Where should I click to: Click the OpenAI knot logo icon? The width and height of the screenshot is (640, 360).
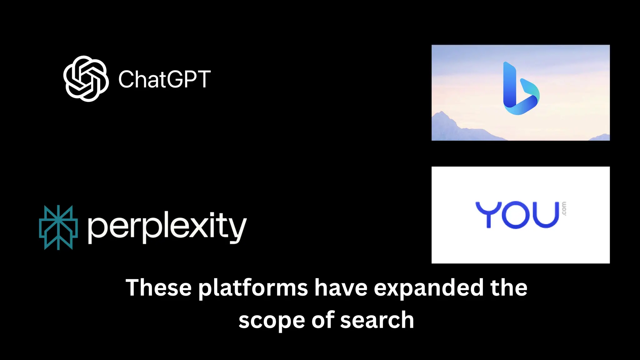coord(86,79)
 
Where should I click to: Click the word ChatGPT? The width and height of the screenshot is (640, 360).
coord(164,79)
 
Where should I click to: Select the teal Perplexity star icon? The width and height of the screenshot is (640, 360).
coord(58,227)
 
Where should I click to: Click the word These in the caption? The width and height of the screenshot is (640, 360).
coord(158,287)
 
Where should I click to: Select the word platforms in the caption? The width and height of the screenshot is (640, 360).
coord(253,288)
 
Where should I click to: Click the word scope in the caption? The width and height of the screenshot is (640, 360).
coord(271,321)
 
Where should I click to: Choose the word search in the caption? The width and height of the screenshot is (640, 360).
coord(377,320)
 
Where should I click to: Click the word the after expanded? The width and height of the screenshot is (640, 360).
coord(509,287)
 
